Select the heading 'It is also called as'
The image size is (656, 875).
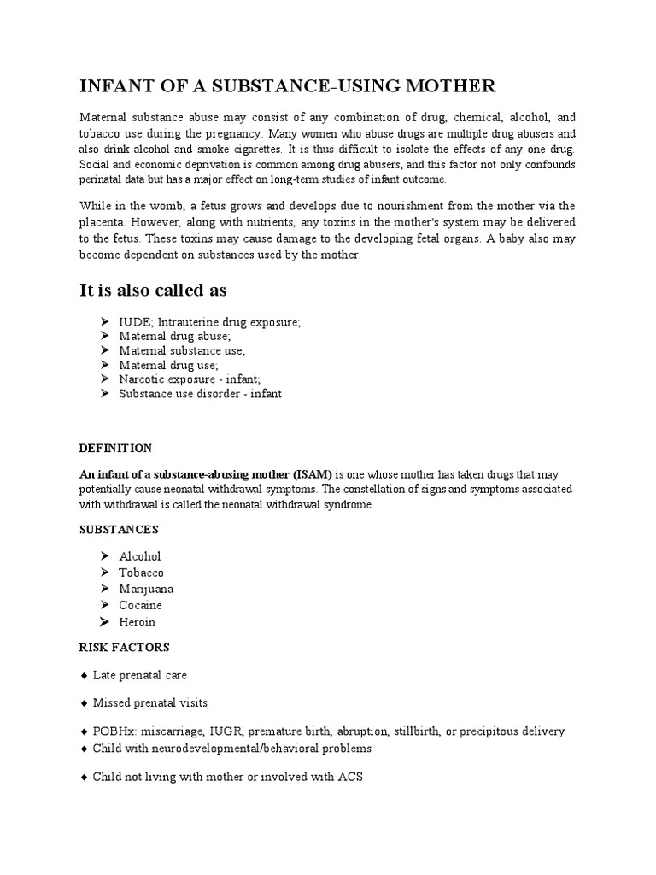click(x=153, y=291)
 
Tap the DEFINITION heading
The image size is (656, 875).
click(x=115, y=448)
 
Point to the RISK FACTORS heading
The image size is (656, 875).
click(x=124, y=647)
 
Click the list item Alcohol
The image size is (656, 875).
click(x=140, y=556)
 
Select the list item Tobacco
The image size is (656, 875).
click(x=141, y=573)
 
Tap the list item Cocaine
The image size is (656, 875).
click(x=140, y=605)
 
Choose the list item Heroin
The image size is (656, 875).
click(x=138, y=622)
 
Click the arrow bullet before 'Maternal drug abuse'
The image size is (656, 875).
click(x=104, y=337)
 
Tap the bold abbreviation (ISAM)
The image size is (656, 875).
click(x=312, y=474)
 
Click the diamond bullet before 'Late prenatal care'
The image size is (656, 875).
click(x=84, y=675)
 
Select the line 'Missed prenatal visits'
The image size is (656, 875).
click(x=150, y=702)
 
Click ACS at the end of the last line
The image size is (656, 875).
click(x=351, y=778)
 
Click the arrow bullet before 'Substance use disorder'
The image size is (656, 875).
click(x=104, y=394)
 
